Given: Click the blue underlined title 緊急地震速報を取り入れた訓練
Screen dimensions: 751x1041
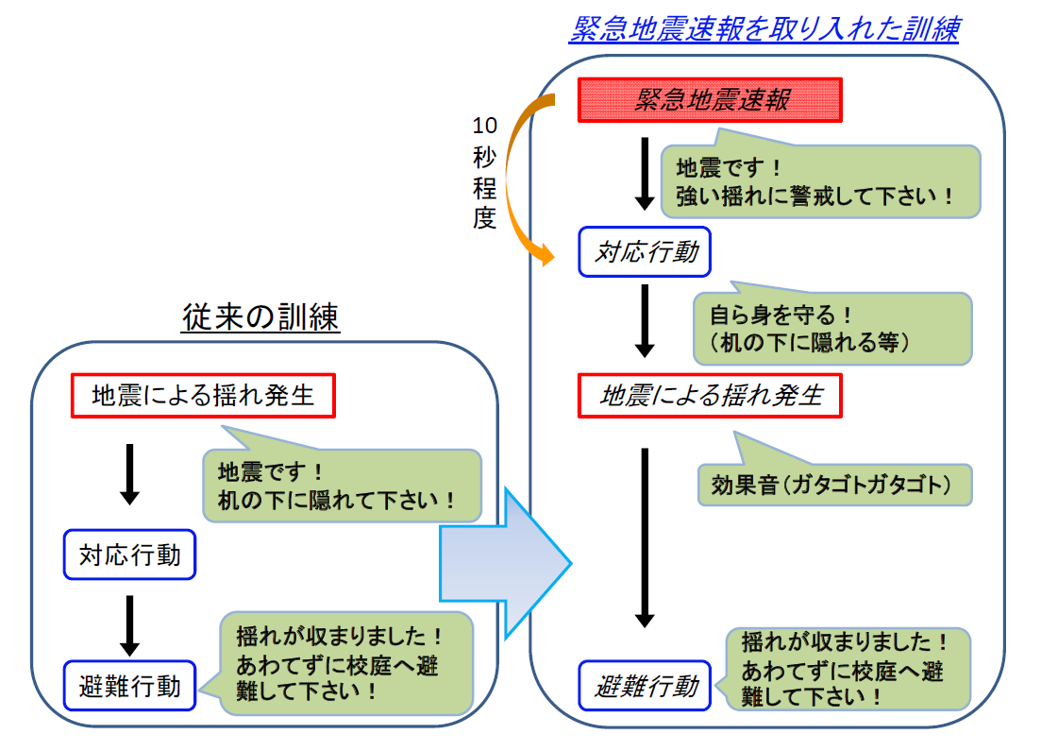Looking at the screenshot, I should click(x=764, y=29).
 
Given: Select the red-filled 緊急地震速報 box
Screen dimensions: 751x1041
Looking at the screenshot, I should click(x=709, y=99).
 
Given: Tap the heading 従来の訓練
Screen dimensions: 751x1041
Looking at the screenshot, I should click(x=260, y=318).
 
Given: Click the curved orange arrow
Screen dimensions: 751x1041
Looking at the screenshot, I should click(x=515, y=179).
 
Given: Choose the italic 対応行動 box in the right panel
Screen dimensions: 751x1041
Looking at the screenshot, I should click(x=645, y=253).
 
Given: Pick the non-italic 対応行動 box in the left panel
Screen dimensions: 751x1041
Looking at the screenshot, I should click(x=130, y=555).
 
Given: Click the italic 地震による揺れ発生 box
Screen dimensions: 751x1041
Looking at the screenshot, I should click(x=710, y=396).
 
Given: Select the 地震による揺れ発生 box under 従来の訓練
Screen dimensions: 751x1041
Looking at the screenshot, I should click(x=204, y=396).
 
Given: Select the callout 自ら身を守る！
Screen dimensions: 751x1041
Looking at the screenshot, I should click(x=831, y=328).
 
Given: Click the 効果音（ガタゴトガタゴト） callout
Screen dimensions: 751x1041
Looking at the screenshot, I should click(x=833, y=484).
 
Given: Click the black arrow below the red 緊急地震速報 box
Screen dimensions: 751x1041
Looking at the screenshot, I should click(x=645, y=173).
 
